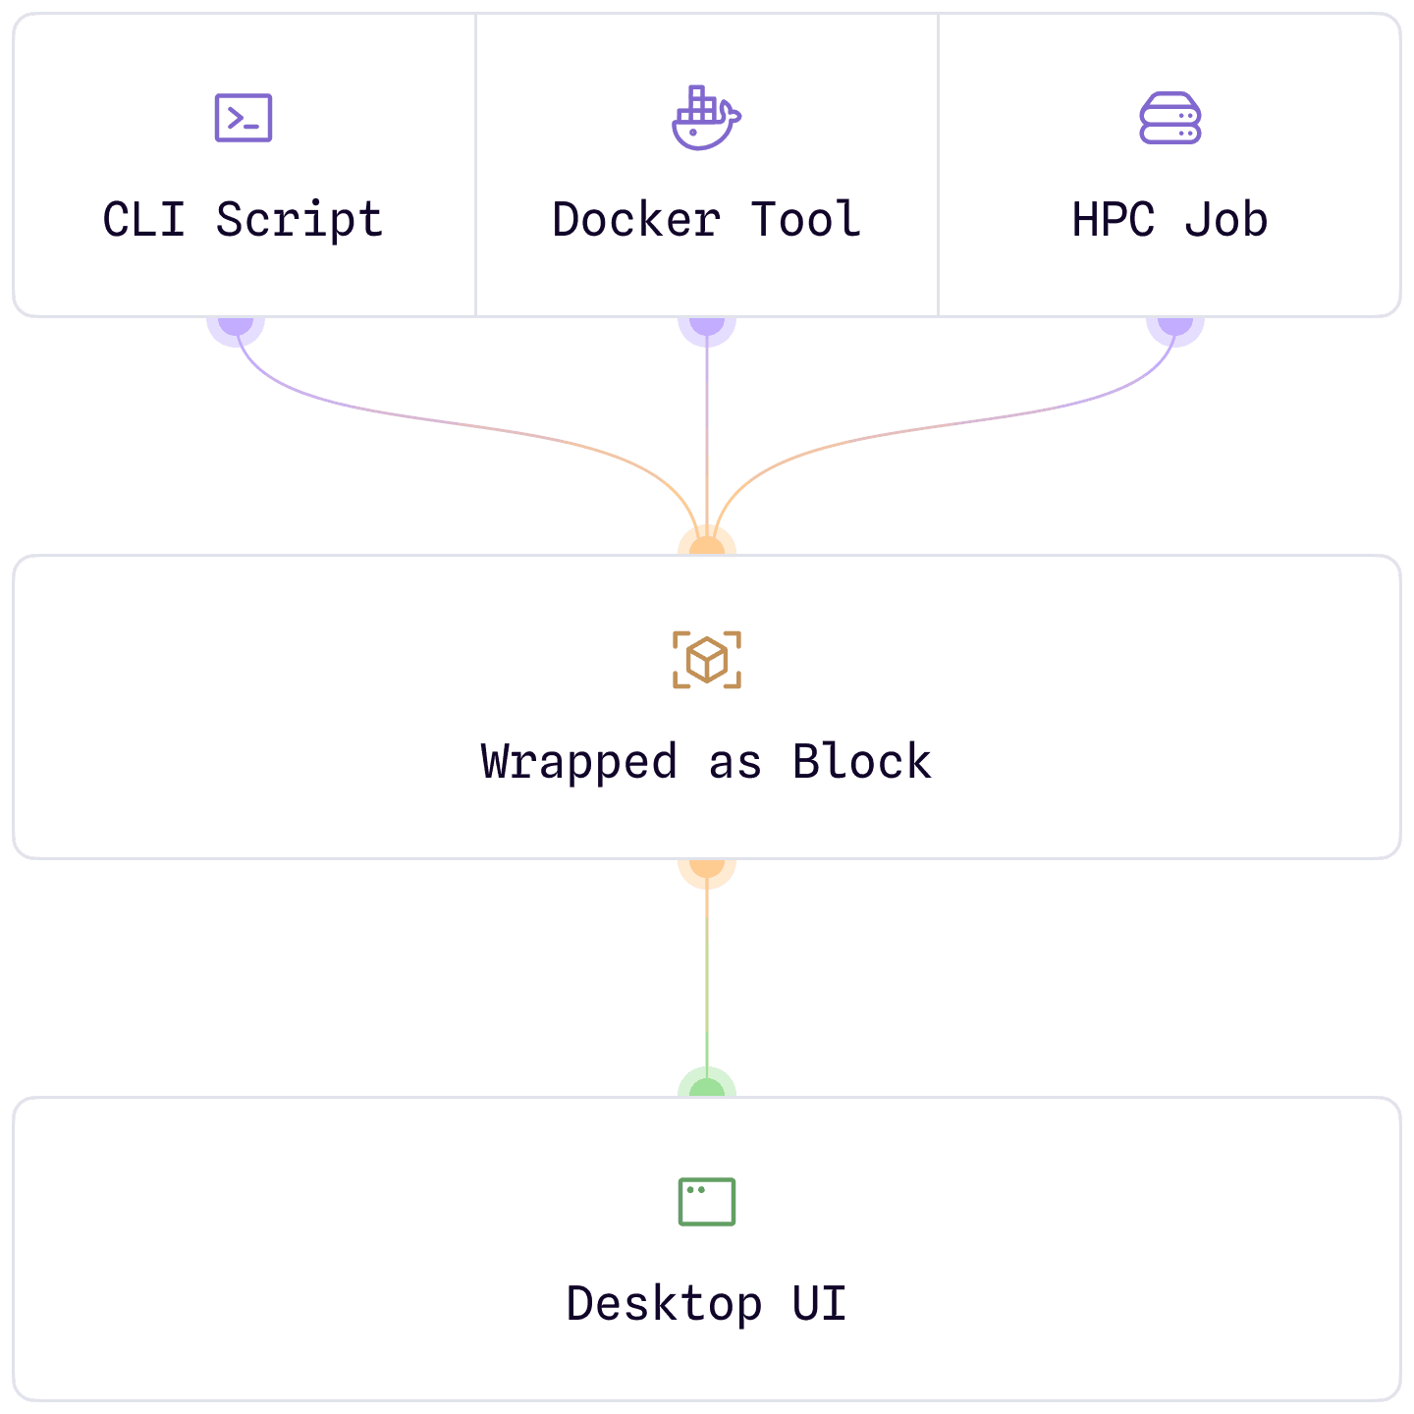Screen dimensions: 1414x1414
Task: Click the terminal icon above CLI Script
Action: (x=244, y=118)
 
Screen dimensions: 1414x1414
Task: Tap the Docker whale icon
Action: (x=706, y=118)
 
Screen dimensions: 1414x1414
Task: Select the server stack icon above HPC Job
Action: (x=1169, y=119)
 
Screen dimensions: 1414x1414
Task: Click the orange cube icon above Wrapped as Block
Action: (x=707, y=660)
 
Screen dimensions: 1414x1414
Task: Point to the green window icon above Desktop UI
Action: (x=707, y=1202)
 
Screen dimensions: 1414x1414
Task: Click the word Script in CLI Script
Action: (x=299, y=220)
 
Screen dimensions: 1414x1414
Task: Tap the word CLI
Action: (x=143, y=220)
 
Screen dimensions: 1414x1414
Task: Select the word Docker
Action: (x=636, y=220)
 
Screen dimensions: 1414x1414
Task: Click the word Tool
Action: (x=806, y=220)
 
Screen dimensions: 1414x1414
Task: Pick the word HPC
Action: (x=1113, y=220)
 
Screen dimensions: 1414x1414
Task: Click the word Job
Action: (x=1225, y=220)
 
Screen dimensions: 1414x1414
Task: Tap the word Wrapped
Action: (x=579, y=762)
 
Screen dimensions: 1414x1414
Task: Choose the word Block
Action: (x=862, y=762)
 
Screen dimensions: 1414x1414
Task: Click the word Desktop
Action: (x=664, y=1304)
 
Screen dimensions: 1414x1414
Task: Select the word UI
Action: (x=819, y=1304)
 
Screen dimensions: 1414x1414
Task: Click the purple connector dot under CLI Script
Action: (x=236, y=330)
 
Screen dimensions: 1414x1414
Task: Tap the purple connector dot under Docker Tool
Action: (x=707, y=330)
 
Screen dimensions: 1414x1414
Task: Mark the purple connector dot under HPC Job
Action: (x=1175, y=330)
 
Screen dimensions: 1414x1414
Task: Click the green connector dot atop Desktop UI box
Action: (x=707, y=1084)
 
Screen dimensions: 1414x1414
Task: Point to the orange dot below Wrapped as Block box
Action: (x=707, y=872)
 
